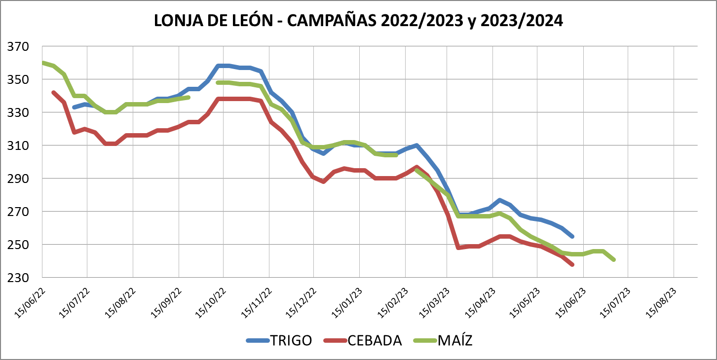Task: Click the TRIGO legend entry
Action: pos(290,340)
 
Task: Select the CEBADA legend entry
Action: pos(374,340)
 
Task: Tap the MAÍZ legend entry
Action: pos(454,340)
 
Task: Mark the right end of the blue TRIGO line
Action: pos(572,236)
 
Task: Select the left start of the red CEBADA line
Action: pos(53,92)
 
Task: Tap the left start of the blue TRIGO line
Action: pos(74,107)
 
